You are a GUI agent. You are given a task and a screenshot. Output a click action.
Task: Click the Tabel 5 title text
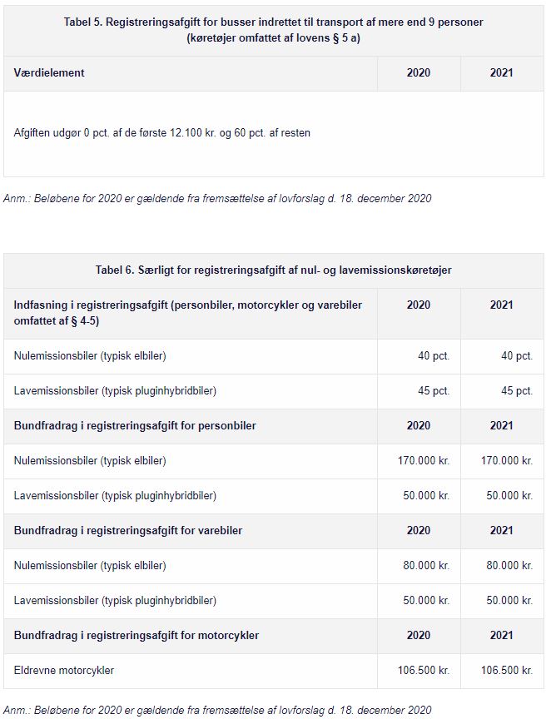[273, 30]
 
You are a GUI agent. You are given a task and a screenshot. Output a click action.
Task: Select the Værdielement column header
[49, 73]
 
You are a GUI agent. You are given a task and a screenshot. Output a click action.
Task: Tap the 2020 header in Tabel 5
[419, 73]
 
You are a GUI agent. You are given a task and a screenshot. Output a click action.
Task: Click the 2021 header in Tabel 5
[502, 73]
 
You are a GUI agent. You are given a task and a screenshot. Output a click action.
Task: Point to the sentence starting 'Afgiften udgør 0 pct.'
[162, 133]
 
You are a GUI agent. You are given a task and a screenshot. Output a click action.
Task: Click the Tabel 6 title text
[273, 270]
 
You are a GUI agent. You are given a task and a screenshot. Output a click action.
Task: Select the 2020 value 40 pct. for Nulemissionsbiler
[434, 356]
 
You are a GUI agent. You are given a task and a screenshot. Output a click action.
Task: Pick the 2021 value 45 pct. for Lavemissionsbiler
[517, 391]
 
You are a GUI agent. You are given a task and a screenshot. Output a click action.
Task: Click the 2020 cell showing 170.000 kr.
[424, 461]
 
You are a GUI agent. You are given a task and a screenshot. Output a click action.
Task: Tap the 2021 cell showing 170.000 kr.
[507, 461]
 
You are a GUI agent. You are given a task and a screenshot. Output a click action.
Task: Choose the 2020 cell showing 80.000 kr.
[427, 566]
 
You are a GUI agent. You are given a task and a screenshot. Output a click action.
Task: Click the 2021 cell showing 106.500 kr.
[507, 671]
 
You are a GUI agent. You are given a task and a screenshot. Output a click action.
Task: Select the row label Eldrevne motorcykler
[64, 671]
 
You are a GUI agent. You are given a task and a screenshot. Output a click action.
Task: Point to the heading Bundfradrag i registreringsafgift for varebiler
[128, 531]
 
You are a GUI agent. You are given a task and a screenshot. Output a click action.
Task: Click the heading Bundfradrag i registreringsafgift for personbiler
[135, 426]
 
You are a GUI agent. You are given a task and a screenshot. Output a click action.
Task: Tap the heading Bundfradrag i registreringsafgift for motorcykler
[137, 636]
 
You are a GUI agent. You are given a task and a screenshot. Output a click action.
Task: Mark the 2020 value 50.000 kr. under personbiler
[427, 496]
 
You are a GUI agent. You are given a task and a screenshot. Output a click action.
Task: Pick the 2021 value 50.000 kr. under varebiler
[510, 601]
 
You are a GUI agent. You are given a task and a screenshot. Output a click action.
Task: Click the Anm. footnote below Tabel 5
[217, 199]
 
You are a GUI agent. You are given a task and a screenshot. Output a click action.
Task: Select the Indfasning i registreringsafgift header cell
[187, 313]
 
